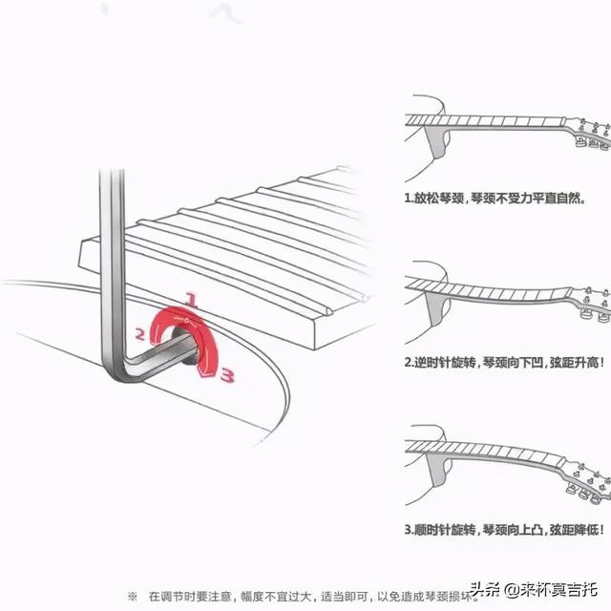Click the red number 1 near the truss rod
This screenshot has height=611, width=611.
click(190, 300)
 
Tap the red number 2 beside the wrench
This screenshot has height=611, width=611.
click(139, 334)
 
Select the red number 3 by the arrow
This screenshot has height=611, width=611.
click(227, 376)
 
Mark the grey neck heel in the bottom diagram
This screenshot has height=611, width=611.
click(436, 471)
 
